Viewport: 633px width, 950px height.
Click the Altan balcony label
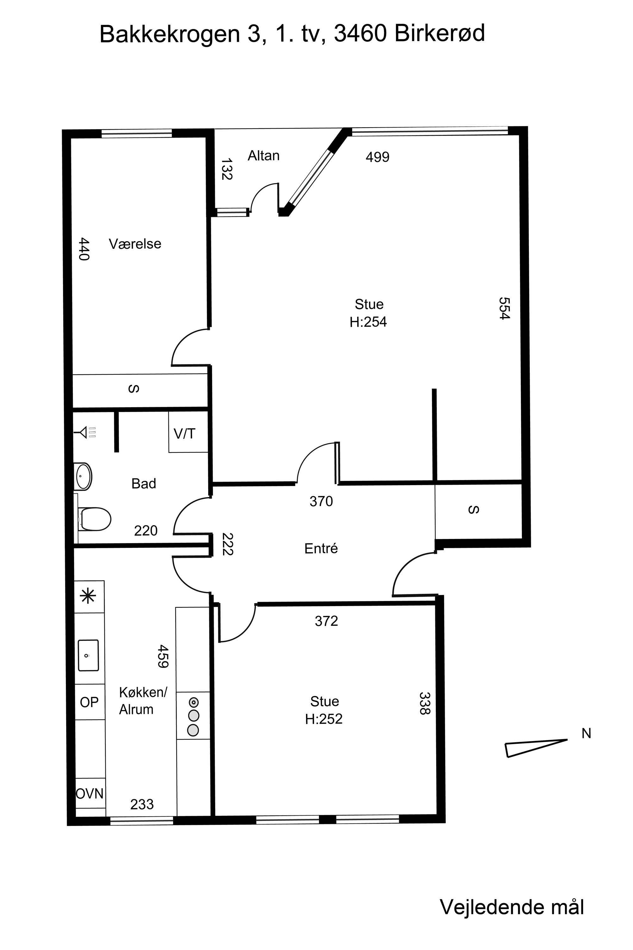pyautogui.click(x=263, y=155)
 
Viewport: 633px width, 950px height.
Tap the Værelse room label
pyautogui.click(x=135, y=244)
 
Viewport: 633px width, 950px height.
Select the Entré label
pyautogui.click(x=321, y=548)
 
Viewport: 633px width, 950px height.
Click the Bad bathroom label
pyautogui.click(x=144, y=484)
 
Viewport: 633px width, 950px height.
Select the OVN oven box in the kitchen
pyautogui.click(x=90, y=793)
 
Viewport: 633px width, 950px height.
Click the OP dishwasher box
pyautogui.click(x=90, y=702)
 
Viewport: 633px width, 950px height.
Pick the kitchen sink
pyautogui.click(x=88, y=655)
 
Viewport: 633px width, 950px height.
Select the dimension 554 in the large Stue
pyautogui.click(x=505, y=308)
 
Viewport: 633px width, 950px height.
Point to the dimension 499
pyautogui.click(x=378, y=157)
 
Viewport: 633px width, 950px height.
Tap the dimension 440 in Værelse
pyautogui.click(x=84, y=249)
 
